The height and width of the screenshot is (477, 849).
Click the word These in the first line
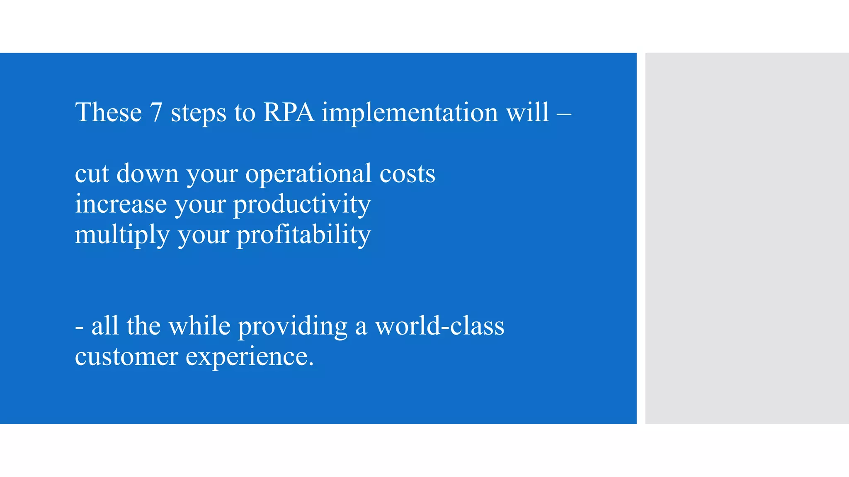108,112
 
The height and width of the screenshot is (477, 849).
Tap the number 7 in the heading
156,112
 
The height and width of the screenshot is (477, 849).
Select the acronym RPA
289,112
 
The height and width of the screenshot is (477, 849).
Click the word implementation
410,112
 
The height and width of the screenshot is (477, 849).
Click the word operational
308,173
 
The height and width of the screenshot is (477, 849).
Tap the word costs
408,173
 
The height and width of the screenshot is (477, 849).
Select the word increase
121,204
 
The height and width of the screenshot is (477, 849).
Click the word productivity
302,204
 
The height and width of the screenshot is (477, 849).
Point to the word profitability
303,235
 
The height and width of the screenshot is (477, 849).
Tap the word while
199,326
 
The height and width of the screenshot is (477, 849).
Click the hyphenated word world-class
439,326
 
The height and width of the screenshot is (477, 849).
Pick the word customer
126,357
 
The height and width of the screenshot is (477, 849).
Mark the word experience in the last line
249,357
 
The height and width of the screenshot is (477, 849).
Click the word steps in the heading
199,113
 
